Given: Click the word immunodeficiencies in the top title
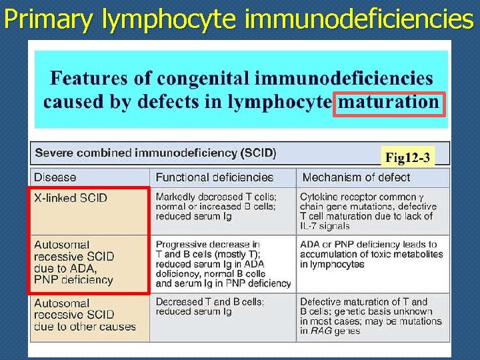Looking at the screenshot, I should point(359,19).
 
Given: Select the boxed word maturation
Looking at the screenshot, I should point(389,102).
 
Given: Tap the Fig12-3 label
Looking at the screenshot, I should point(407,158).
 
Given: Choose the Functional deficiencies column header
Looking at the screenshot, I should point(214,177).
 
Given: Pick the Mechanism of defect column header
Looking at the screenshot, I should point(356,177).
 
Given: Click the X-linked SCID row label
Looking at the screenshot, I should point(71,198).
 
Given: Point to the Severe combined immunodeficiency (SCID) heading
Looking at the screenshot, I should point(155,153).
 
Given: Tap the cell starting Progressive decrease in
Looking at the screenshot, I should point(223,263).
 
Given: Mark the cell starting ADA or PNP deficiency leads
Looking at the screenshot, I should point(371,254).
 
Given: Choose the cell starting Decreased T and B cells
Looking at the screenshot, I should point(209,307).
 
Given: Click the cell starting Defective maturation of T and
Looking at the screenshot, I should point(370,316).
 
